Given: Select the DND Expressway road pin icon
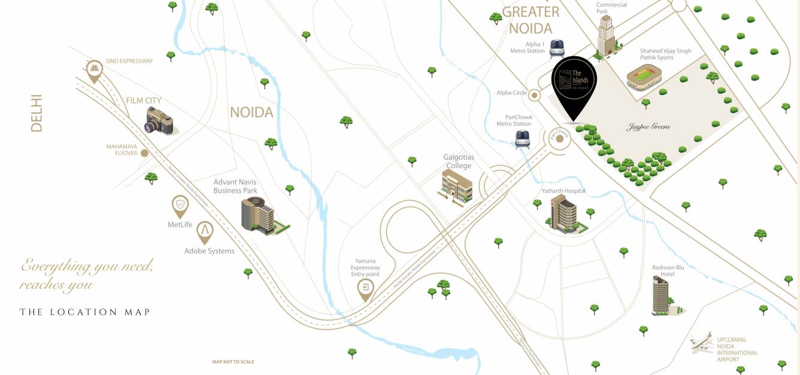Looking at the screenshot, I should pyautogui.click(x=94, y=71).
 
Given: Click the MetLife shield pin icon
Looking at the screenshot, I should pyautogui.click(x=180, y=206).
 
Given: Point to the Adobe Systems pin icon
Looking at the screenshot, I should pyautogui.click(x=205, y=231).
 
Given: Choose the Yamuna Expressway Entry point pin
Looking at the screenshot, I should pyautogui.click(x=365, y=290).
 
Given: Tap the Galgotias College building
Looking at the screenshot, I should pyautogui.click(x=457, y=186).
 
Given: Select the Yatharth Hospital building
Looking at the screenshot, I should pyautogui.click(x=562, y=212).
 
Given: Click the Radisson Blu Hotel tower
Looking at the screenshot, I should pyautogui.click(x=661, y=296).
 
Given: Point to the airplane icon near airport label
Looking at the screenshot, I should pyautogui.click(x=701, y=343).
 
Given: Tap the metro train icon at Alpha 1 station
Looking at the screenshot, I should pyautogui.click(x=557, y=48).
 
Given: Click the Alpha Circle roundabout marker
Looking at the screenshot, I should pyautogui.click(x=535, y=95).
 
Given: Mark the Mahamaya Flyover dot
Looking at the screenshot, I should pyautogui.click(x=144, y=153).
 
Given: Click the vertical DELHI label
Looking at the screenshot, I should pyautogui.click(x=37, y=113).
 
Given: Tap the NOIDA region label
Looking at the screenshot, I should pyautogui.click(x=251, y=112).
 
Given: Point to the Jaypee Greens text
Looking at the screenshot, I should pyautogui.click(x=648, y=127).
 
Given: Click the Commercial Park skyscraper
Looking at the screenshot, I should pyautogui.click(x=606, y=36).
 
